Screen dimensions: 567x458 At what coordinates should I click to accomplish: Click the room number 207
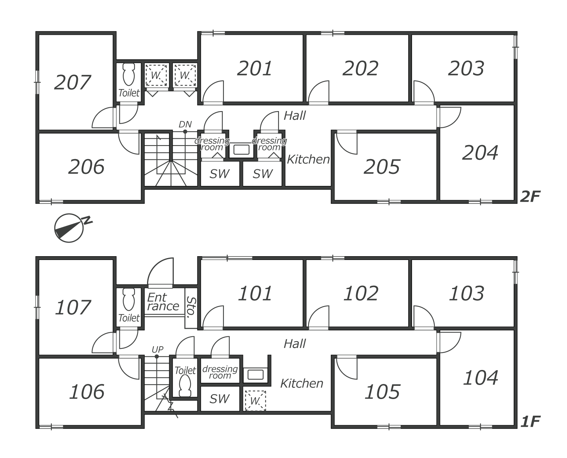coord(73,82)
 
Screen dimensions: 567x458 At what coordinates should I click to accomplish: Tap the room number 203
coord(466,68)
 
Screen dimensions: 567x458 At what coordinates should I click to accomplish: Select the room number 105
coord(382,392)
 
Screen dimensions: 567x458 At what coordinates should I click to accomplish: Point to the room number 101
coord(255,294)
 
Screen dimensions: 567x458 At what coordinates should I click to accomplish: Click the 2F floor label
coord(530,197)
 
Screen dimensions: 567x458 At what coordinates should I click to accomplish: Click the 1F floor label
coord(530,422)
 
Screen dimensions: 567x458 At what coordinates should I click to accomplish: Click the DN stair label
coord(185,124)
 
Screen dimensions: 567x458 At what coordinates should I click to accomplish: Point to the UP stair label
coord(158,349)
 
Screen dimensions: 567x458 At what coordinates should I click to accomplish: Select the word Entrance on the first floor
coord(163,302)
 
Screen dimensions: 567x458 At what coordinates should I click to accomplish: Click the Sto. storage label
coord(191,307)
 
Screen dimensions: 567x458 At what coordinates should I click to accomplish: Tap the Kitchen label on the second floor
coord(308,159)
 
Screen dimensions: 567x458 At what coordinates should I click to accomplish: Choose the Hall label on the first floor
coord(295,344)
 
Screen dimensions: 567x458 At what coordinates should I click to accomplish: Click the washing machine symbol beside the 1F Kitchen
coord(255,401)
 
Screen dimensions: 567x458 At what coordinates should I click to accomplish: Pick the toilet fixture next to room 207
coord(129,74)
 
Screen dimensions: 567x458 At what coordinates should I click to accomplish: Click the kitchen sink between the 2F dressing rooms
coord(241,150)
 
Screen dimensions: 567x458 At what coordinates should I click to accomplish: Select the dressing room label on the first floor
coord(220,372)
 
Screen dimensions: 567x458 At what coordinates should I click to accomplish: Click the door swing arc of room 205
coord(347,144)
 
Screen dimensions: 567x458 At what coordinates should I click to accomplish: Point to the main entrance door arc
coord(161,271)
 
